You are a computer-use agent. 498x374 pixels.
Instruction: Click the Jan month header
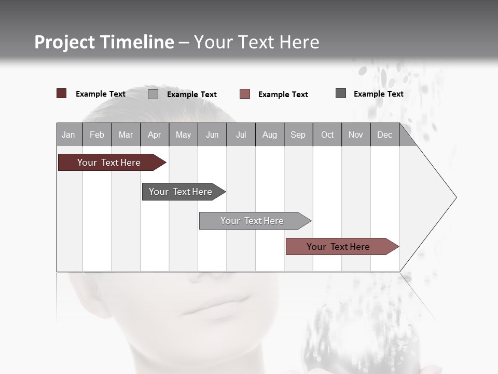pos(69,135)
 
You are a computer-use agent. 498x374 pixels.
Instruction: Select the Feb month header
pos(97,135)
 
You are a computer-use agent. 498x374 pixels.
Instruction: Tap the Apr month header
pos(155,135)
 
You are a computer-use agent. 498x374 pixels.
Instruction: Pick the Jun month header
pos(212,135)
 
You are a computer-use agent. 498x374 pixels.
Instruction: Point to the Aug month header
pos(270,135)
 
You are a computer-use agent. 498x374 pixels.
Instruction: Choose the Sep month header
pos(298,135)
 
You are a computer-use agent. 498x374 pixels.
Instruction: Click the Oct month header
pos(327,135)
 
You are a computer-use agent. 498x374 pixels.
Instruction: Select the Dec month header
pos(385,135)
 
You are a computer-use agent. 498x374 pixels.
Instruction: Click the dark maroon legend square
pos(62,94)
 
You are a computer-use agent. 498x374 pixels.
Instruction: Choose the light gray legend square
pos(153,94)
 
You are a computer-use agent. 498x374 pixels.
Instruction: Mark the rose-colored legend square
pos(245,94)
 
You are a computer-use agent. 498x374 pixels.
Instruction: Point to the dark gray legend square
pos(341,94)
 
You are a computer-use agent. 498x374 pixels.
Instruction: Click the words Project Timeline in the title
pos(104,42)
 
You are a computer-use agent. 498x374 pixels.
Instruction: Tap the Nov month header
pos(356,135)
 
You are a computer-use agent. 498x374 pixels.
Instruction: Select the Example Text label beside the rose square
pos(283,95)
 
